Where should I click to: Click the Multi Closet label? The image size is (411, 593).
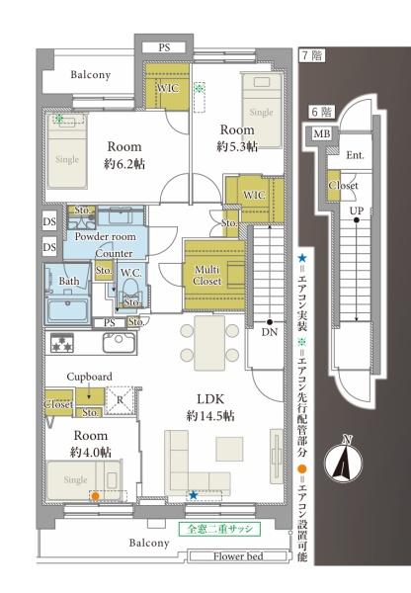(x=206, y=276)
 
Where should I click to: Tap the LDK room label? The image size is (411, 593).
(x=210, y=399)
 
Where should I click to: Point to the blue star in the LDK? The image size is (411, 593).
(x=194, y=495)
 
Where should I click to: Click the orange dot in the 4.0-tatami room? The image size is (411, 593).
(x=96, y=496)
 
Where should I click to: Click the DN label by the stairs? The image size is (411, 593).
(x=270, y=332)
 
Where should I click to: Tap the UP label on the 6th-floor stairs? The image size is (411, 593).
(x=357, y=211)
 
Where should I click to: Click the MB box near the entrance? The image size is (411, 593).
(x=322, y=133)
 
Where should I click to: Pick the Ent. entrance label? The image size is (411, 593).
(x=355, y=155)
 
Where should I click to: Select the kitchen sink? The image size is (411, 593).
(x=119, y=342)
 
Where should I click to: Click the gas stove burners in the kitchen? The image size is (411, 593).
(x=61, y=343)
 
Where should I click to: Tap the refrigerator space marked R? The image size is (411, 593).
(x=120, y=400)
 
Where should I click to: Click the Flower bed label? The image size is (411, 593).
(x=238, y=556)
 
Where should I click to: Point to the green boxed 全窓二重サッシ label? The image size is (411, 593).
(x=219, y=529)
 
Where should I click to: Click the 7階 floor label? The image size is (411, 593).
(x=312, y=55)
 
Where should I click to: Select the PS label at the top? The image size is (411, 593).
(x=164, y=47)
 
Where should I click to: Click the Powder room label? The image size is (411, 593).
(x=105, y=237)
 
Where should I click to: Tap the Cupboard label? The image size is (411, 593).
(x=89, y=377)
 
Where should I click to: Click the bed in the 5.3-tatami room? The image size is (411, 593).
(x=261, y=111)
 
